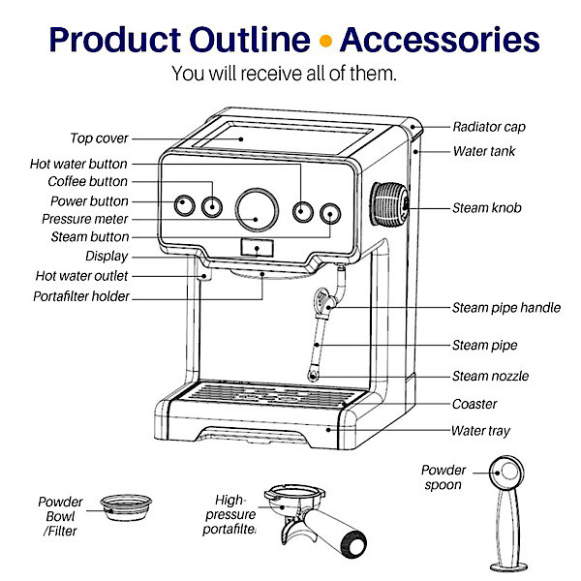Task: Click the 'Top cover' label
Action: click(x=99, y=138)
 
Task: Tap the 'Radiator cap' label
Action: click(x=489, y=127)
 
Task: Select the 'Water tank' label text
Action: click(x=484, y=151)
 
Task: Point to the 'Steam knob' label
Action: click(x=487, y=208)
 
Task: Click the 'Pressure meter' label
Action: click(x=85, y=219)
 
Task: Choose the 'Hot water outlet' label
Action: click(x=78, y=276)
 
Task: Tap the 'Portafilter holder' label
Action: click(x=81, y=296)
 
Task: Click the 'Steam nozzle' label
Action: click(x=490, y=376)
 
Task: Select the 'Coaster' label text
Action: click(x=474, y=404)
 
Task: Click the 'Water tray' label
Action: click(x=480, y=431)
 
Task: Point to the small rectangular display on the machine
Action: click(x=257, y=249)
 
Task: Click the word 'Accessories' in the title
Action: click(x=440, y=40)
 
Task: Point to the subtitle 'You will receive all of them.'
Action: click(x=284, y=74)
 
